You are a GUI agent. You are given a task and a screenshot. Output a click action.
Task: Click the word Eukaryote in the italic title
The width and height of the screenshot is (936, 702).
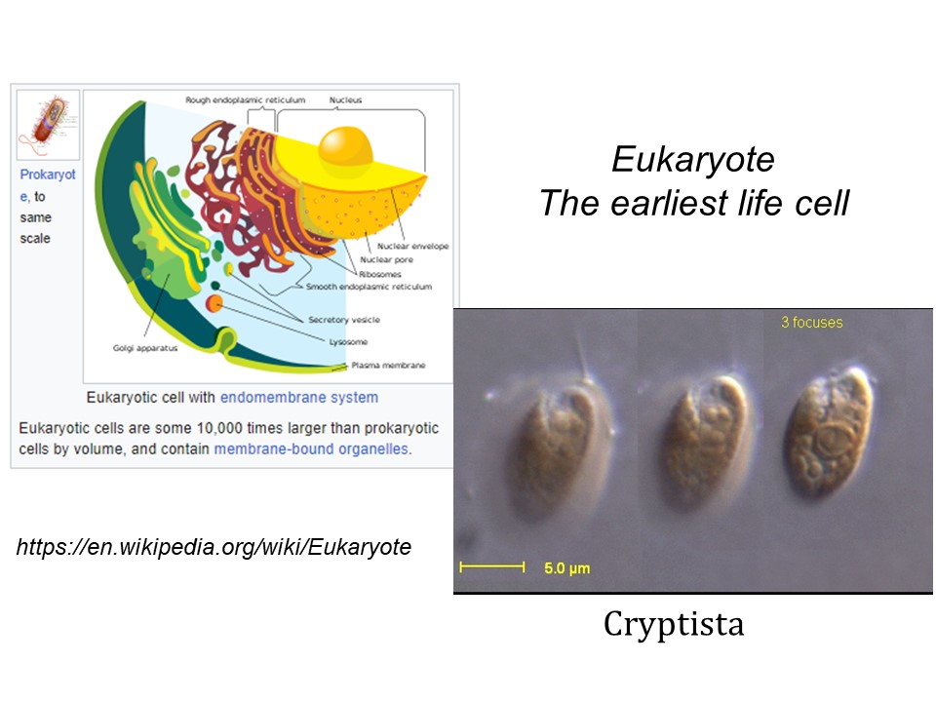(693, 159)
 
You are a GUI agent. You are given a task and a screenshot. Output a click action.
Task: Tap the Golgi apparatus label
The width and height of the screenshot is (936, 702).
(145, 348)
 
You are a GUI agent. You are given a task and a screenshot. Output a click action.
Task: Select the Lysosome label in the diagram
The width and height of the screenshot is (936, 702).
(349, 342)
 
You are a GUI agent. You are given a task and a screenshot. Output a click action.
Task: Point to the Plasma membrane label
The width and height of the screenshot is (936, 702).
(388, 366)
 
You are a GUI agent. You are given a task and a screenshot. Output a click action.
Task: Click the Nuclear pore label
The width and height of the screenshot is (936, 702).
(386, 259)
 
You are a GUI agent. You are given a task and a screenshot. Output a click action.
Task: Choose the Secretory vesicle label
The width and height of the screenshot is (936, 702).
(344, 320)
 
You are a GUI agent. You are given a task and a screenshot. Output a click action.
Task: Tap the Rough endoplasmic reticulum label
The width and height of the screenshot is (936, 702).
(246, 100)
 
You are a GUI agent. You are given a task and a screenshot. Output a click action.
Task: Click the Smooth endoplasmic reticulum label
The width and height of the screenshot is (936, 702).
(369, 287)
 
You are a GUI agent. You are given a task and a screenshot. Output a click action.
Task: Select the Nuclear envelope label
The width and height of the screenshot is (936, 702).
(412, 246)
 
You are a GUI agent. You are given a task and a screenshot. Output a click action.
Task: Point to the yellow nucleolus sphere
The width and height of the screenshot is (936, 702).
(345, 145)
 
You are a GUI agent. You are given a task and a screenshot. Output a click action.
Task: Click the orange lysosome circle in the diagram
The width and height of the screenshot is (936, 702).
(214, 304)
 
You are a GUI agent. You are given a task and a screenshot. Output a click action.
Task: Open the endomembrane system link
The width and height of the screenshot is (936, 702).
(299, 398)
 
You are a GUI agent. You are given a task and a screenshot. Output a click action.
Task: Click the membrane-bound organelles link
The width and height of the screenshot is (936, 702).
(312, 448)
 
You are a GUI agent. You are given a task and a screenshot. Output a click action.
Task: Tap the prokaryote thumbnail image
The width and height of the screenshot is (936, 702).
(48, 125)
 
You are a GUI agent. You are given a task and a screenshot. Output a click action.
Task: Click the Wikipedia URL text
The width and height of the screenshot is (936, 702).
(214, 547)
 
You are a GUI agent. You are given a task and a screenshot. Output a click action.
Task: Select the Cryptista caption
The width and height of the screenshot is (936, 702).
(674, 624)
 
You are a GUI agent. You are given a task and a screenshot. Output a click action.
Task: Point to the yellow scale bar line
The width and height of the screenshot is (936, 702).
(491, 567)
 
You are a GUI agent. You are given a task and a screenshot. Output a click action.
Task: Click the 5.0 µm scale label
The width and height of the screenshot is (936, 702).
(567, 568)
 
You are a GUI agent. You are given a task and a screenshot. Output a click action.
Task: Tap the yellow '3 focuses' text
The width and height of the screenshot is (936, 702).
(812, 323)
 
